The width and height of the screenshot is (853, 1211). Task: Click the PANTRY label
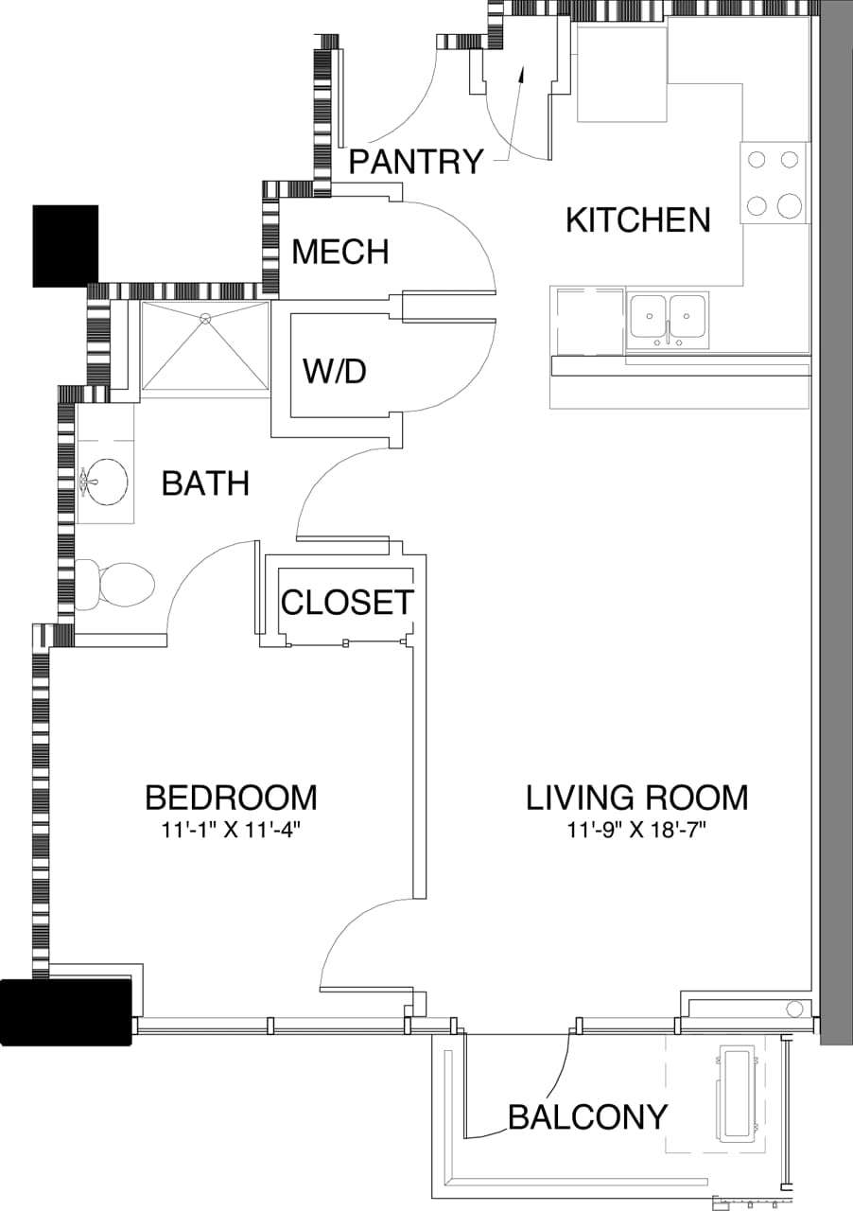point(416,162)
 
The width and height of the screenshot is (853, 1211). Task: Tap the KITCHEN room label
point(637,219)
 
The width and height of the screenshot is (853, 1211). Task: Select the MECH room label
point(340,252)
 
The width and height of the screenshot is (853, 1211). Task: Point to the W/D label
point(334,372)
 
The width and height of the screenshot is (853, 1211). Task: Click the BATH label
point(205,483)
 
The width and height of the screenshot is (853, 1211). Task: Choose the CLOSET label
point(347,602)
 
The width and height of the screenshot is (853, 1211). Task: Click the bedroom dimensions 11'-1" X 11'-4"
point(231,832)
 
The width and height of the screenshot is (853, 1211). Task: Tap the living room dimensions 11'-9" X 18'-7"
point(637,832)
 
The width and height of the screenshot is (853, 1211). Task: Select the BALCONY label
point(587,1117)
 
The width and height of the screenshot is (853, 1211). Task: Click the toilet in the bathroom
point(118,585)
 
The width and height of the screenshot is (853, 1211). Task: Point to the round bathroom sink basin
point(105,483)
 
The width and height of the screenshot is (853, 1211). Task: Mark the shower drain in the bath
point(204,320)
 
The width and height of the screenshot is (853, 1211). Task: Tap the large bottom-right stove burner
point(789,204)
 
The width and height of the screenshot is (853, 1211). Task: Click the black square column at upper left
point(65,246)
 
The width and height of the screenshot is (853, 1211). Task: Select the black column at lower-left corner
point(64,1011)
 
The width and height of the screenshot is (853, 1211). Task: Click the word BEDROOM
point(231,798)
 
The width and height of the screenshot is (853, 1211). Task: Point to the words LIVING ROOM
point(637,798)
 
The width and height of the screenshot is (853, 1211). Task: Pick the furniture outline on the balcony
point(739,1094)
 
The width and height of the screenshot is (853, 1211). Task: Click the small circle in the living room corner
point(794,1009)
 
